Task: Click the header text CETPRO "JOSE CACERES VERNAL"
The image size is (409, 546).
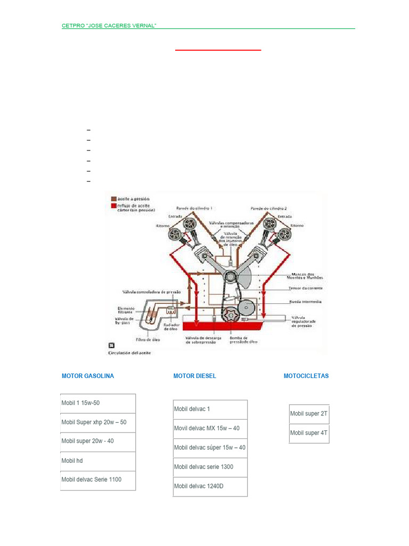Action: pyautogui.click(x=109, y=26)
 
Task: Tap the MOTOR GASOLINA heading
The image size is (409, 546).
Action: pyautogui.click(x=88, y=376)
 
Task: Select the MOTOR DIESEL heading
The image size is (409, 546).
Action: pyautogui.click(x=195, y=376)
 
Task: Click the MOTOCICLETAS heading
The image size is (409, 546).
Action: pyautogui.click(x=306, y=376)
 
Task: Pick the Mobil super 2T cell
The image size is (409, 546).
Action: pyautogui.click(x=309, y=414)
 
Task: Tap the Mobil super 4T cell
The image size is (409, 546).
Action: pyautogui.click(x=309, y=433)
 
